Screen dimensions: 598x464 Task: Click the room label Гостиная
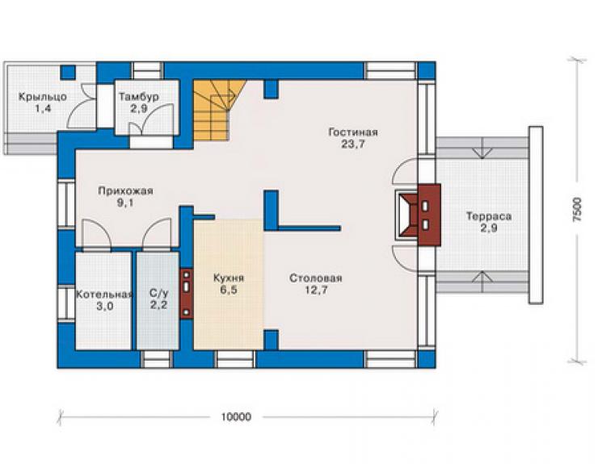click(353, 132)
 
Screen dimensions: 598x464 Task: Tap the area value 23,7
click(353, 144)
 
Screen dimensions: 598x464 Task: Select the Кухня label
click(229, 278)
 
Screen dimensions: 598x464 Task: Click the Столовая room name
click(316, 278)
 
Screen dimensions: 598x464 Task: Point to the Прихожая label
click(125, 190)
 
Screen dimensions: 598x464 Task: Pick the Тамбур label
click(139, 97)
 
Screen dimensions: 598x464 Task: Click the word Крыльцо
click(43, 97)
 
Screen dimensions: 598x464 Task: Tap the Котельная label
click(104, 295)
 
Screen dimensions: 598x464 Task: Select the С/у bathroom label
click(158, 294)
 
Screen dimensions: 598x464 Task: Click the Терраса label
click(489, 216)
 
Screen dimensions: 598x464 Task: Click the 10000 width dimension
click(236, 416)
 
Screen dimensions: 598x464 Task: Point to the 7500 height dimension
click(578, 210)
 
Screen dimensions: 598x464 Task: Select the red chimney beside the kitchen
click(186, 294)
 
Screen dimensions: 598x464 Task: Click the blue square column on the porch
click(68, 73)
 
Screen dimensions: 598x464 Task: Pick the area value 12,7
click(316, 291)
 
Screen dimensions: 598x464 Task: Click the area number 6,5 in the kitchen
click(229, 290)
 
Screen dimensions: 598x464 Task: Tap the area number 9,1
click(125, 203)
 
